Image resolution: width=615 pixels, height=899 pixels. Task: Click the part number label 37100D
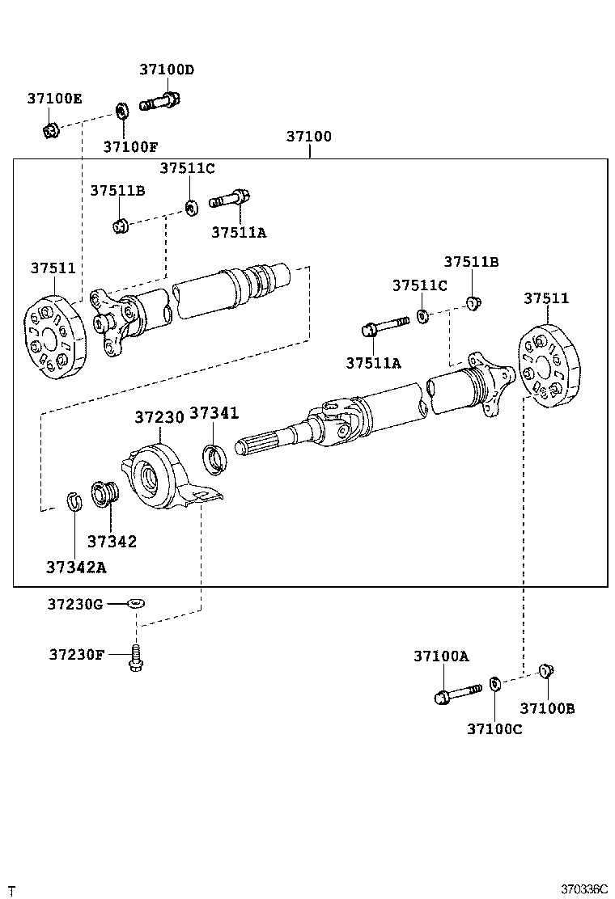coord(167,70)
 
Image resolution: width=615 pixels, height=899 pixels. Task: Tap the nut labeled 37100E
coord(50,129)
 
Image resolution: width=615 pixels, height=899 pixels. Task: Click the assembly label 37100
coord(308,137)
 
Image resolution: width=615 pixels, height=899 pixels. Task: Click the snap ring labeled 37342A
coord(72,501)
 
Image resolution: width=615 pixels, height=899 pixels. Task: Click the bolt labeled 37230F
coord(136,657)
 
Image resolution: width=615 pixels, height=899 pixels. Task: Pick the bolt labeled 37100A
coord(457,693)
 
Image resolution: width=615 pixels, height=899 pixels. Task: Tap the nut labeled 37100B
coord(546,669)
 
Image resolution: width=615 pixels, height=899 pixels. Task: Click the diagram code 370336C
coord(584,888)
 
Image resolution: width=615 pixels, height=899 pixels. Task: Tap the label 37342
coord(112,542)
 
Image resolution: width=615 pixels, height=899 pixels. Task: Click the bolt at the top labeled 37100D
coord(160,103)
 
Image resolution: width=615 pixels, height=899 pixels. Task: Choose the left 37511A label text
coord(239,232)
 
